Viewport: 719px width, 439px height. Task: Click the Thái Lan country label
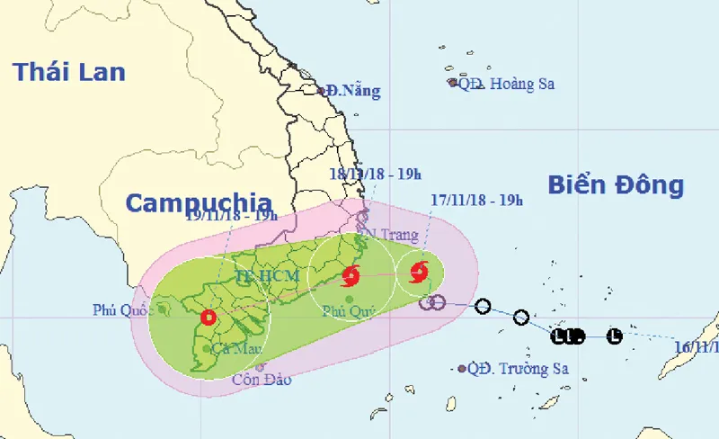click(x=69, y=72)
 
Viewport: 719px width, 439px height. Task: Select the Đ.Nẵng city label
click(x=353, y=91)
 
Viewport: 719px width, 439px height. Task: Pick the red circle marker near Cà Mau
click(x=209, y=317)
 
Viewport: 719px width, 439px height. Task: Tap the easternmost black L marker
click(x=614, y=336)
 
